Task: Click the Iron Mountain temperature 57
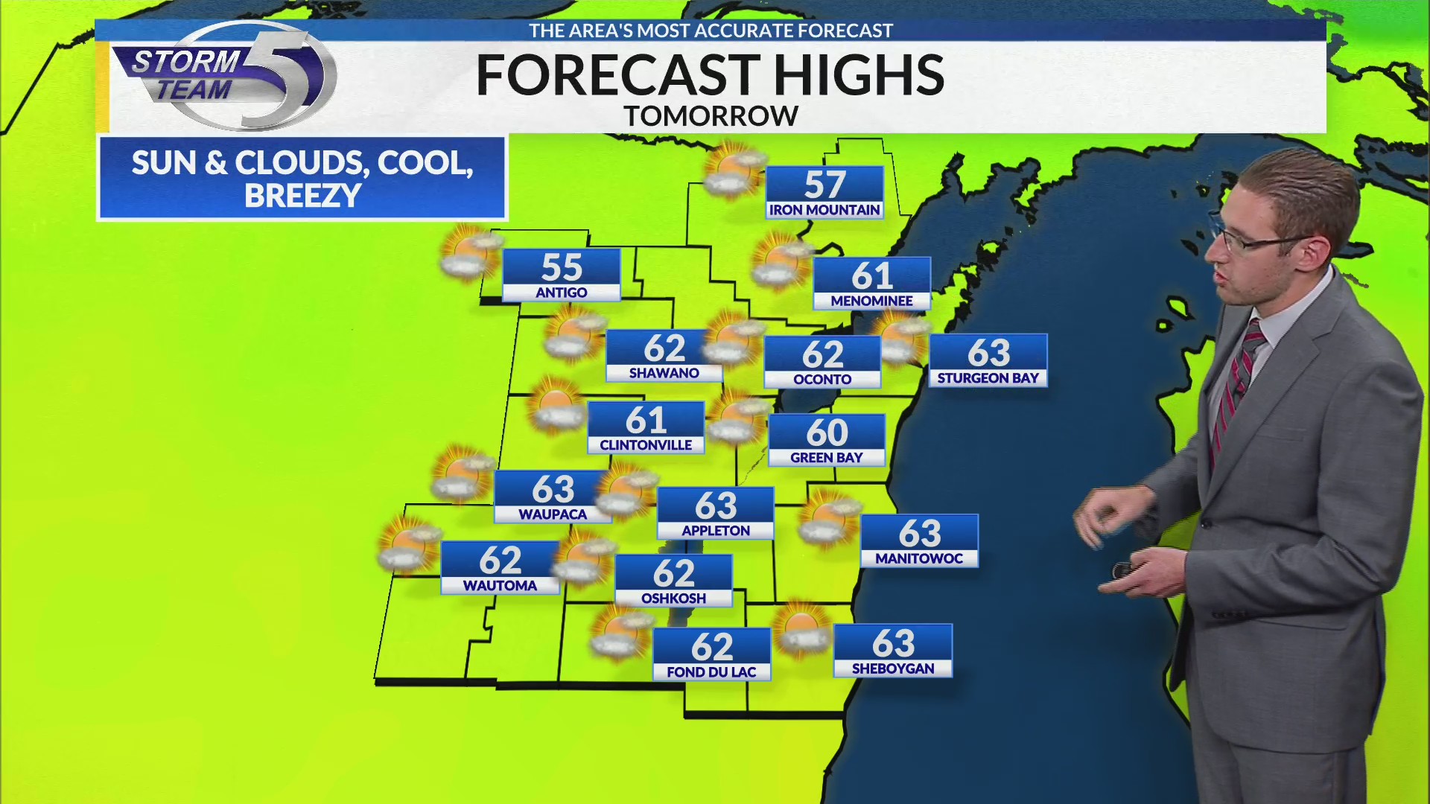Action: coord(824,184)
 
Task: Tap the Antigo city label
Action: coord(562,293)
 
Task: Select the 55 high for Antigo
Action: coord(562,267)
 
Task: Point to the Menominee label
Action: coord(871,301)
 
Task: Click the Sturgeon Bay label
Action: coord(988,378)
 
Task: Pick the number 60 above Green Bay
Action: coord(827,433)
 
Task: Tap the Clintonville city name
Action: coord(646,445)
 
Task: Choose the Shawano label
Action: coord(664,373)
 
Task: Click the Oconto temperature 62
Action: coord(822,354)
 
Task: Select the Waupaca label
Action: coord(553,514)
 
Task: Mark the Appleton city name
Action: coord(716,531)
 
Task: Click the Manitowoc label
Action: coord(919,558)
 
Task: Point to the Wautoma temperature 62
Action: coord(500,561)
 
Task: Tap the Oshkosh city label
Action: coord(673,599)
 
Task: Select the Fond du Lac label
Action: coord(711,672)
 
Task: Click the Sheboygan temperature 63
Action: coord(893,643)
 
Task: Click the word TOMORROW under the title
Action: coord(711,116)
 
